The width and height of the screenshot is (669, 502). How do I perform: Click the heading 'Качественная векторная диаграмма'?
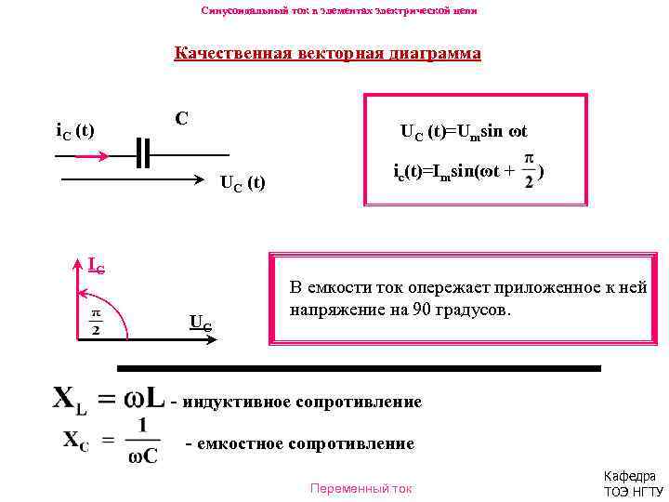pos(327,53)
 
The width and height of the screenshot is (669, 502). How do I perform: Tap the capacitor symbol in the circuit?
pos(141,153)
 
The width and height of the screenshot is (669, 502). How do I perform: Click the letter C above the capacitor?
pos(181,119)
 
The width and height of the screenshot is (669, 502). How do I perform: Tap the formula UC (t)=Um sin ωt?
pos(464,132)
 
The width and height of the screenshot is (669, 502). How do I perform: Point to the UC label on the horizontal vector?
pos(200,323)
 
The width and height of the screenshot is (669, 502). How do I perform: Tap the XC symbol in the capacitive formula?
pos(76,440)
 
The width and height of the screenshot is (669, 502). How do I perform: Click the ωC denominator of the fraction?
pos(141,456)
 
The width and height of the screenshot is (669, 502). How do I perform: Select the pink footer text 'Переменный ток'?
pos(361,487)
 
